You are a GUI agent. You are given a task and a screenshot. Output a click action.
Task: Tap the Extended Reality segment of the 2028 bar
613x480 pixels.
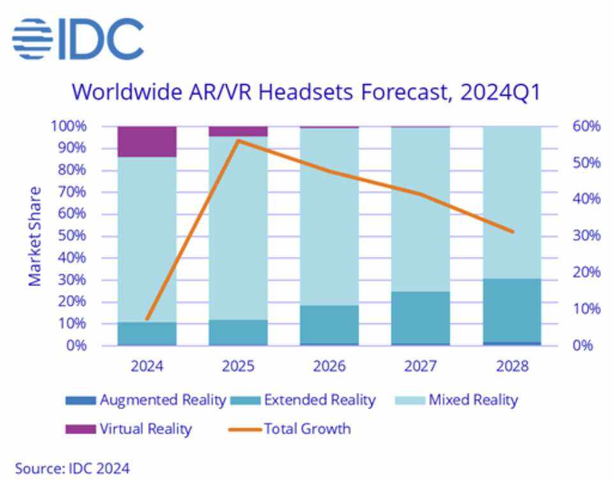pos(512,310)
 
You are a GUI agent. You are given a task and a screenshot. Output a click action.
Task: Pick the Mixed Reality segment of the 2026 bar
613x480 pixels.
pos(329,217)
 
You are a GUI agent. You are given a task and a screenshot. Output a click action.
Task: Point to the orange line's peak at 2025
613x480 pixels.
pos(238,140)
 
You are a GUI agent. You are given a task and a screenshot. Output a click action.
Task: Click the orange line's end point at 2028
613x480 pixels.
pos(512,231)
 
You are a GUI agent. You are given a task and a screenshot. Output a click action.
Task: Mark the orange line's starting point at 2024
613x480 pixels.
pos(147,318)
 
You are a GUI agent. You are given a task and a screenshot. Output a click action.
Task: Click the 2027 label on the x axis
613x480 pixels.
pos(420,367)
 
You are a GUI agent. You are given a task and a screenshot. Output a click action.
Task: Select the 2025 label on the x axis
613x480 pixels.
pos(238,367)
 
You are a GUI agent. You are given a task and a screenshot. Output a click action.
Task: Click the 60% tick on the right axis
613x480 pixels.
pos(585,126)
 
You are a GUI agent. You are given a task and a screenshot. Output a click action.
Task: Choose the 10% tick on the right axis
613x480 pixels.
pos(585,309)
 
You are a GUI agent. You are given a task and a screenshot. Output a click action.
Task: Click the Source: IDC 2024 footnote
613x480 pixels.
pos(72,468)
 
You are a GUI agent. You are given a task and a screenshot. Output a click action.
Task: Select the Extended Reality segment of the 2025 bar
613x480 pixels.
pos(238,332)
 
